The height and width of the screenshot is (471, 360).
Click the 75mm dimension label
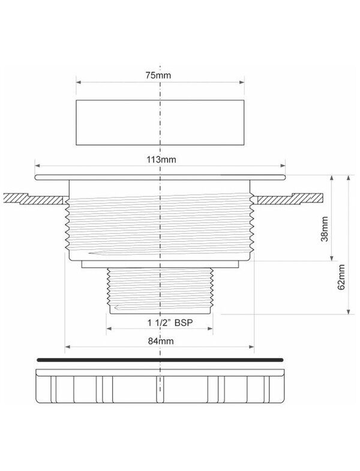(158, 75)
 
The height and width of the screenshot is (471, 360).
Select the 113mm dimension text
(161, 159)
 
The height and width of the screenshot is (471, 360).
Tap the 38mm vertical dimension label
(325, 229)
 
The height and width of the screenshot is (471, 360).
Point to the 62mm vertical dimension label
(341, 277)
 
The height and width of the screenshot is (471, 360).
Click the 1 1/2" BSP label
(170, 323)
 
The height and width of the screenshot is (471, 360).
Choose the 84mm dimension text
(161, 341)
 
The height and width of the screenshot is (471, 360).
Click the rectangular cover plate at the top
(160, 122)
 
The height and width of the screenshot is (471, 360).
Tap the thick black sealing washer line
(160, 359)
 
